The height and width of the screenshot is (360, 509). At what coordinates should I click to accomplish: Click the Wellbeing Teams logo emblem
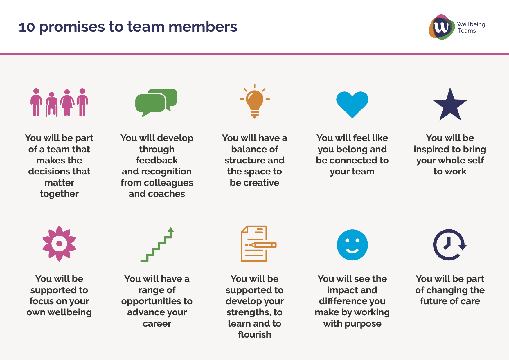pyautogui.click(x=442, y=27)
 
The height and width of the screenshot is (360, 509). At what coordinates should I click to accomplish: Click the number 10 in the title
pyautogui.click(x=27, y=27)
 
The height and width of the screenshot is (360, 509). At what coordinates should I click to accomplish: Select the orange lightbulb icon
pyautogui.click(x=255, y=101)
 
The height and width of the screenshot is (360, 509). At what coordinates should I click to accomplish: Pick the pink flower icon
pyautogui.click(x=59, y=244)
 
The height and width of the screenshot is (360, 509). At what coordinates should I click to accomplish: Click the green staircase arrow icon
pyautogui.click(x=157, y=244)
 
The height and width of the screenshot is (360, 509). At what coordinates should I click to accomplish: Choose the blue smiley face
pyautogui.click(x=352, y=245)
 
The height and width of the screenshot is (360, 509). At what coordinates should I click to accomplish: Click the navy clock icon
pyautogui.click(x=450, y=245)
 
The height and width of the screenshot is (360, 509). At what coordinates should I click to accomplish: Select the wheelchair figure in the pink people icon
pyautogui.click(x=52, y=104)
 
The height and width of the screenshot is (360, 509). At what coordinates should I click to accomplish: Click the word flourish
pyautogui.click(x=255, y=334)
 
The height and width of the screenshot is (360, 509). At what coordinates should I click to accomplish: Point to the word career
pyautogui.click(x=157, y=324)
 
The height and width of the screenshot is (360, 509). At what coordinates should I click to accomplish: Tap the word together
pyautogui.click(x=59, y=194)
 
